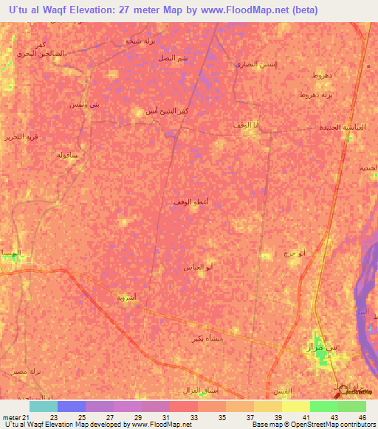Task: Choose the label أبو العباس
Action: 199,267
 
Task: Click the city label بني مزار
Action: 321,346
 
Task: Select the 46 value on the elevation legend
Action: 362,417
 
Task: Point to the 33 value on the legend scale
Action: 193,417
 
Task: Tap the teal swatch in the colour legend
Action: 44,406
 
